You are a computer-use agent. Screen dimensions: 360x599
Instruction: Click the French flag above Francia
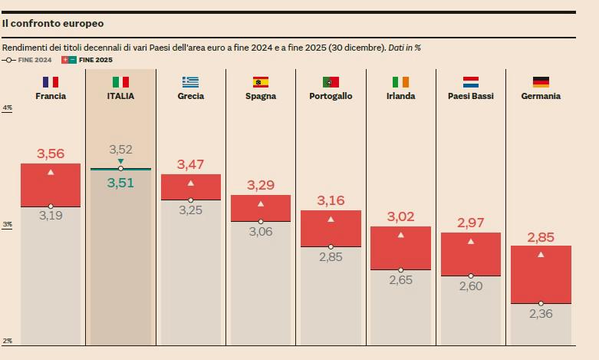[x=51, y=81]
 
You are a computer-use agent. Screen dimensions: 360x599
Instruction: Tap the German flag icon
[x=541, y=81]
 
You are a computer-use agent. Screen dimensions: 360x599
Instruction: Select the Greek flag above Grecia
[x=190, y=81]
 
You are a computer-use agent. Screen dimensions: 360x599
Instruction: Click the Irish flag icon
[x=400, y=81]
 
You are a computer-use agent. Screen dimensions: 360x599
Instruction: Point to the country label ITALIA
[x=120, y=96]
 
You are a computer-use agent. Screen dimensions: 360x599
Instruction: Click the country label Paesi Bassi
[x=470, y=96]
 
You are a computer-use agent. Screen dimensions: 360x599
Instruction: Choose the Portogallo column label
[x=331, y=96]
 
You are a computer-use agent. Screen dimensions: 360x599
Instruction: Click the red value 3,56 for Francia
[x=51, y=154]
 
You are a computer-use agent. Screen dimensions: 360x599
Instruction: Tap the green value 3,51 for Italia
[x=120, y=183]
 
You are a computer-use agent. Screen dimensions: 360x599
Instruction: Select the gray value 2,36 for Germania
[x=541, y=313]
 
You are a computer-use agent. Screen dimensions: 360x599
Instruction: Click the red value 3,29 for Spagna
[x=261, y=185]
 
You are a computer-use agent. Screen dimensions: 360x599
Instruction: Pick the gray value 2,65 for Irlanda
[x=400, y=280]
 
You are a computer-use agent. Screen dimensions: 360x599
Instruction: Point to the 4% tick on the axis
[x=8, y=108]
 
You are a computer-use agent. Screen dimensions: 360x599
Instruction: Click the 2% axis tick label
[x=8, y=341]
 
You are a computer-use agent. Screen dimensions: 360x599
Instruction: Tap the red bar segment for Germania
[x=541, y=275]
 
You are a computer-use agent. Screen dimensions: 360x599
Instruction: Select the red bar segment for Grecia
[x=190, y=187]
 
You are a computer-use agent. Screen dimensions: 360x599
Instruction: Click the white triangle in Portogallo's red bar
[x=331, y=220]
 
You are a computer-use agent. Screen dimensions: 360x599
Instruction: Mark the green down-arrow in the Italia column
[x=120, y=161]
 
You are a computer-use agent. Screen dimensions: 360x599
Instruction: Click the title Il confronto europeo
[x=52, y=24]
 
